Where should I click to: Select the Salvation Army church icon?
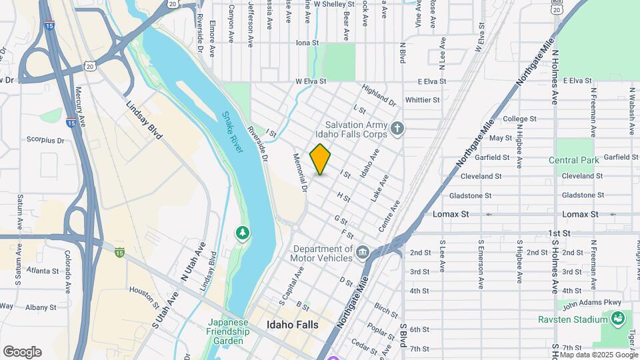397,127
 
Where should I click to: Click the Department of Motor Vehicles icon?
362,251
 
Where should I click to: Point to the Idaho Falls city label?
292,325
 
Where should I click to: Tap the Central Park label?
573,160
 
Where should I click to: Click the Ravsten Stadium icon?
617,318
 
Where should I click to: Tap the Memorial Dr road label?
299,173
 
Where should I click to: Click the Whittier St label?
423,100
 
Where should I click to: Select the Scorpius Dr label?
45,141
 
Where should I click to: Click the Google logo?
22,351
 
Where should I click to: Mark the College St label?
520,119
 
